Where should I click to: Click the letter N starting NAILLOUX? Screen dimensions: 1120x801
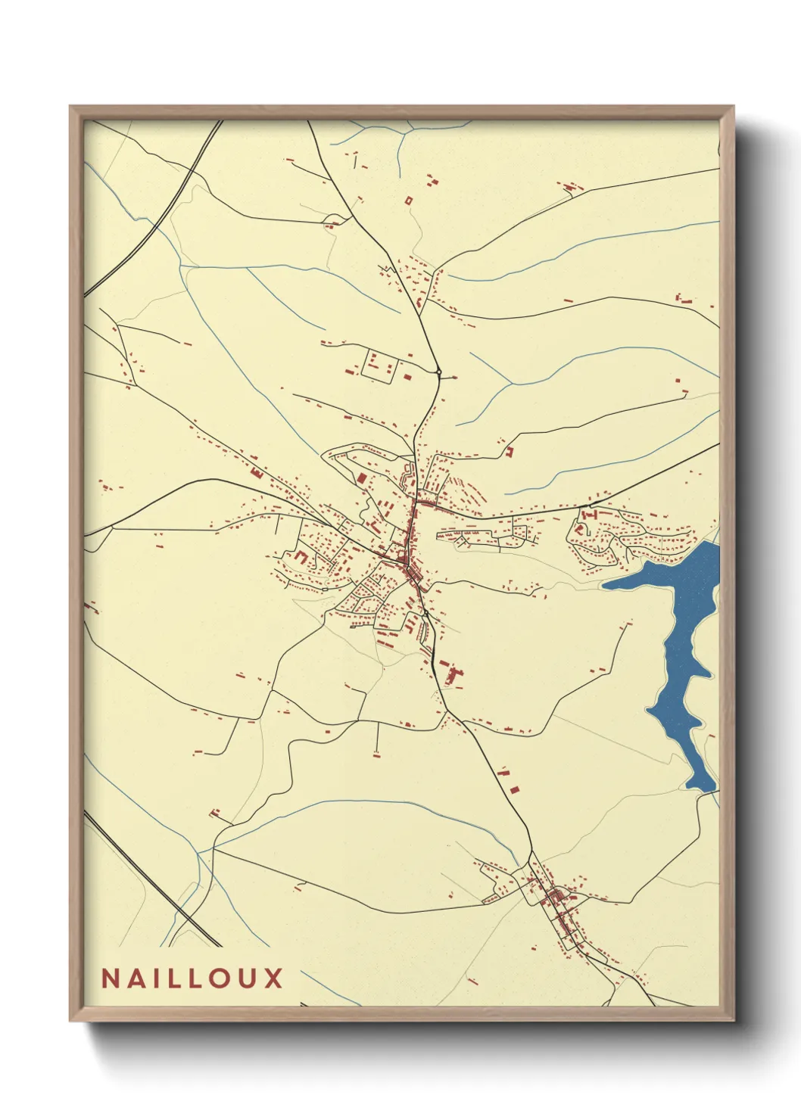click(x=111, y=978)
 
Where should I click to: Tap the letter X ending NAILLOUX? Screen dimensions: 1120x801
click(x=274, y=978)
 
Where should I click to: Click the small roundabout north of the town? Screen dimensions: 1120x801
click(x=438, y=372)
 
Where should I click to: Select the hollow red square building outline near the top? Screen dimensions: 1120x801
click(x=409, y=201)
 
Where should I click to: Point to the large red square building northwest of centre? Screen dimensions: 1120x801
click(x=362, y=478)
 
